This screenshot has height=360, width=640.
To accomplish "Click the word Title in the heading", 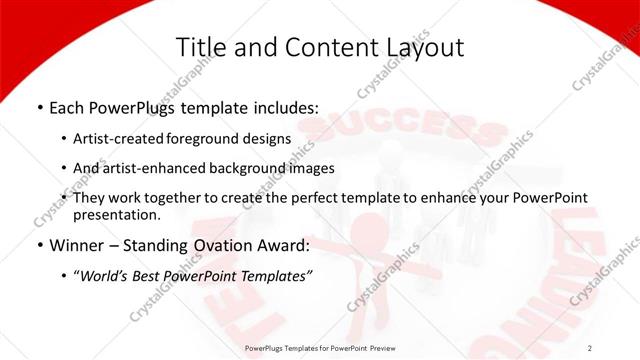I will tap(198, 47).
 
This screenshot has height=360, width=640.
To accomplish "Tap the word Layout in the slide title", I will tap(424, 47).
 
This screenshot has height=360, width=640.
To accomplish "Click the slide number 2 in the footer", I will tap(590, 347).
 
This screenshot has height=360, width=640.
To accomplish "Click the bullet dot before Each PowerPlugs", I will tap(39, 108).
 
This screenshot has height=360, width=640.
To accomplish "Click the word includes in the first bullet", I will tap(285, 107).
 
